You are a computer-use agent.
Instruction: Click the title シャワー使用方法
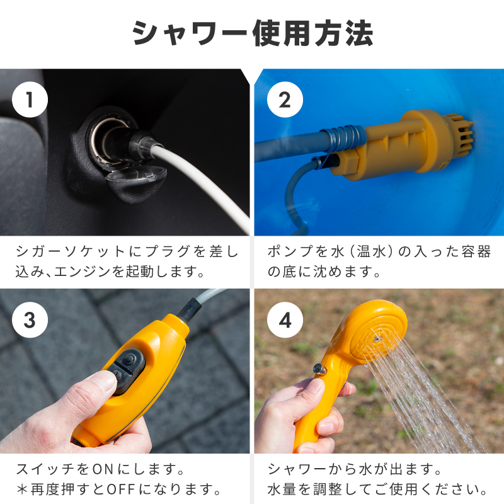[x=253, y=33]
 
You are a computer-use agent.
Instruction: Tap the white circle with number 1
[x=30, y=100]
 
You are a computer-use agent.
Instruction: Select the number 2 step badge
[x=285, y=100]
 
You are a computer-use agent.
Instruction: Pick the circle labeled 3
[x=30, y=319]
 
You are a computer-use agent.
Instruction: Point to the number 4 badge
[x=285, y=319]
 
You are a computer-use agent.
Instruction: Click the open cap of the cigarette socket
[x=137, y=181]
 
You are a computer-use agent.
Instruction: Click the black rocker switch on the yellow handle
[x=127, y=369]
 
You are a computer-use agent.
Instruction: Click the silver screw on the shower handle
[x=319, y=369]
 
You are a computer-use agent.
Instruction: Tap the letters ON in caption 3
[x=103, y=469]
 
